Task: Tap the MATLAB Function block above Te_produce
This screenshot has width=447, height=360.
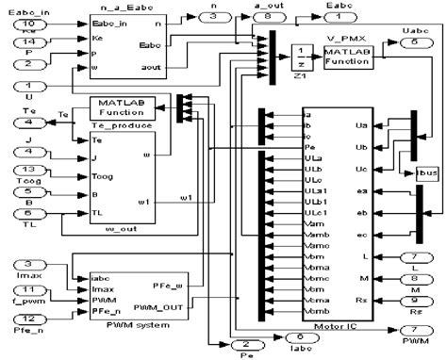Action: point(116,107)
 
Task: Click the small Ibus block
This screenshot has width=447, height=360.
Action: point(426,173)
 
